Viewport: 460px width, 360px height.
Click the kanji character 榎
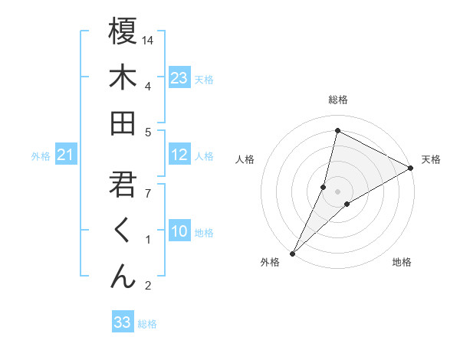click(x=123, y=31)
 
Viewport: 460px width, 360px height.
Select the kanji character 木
click(x=123, y=77)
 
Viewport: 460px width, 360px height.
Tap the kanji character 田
click(x=123, y=123)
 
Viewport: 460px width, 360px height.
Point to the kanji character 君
click(x=123, y=185)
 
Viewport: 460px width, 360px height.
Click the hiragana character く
click(x=123, y=231)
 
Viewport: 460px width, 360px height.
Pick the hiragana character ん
click(x=123, y=277)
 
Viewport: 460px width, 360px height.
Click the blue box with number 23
click(x=179, y=77)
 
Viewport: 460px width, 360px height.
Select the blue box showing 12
click(x=179, y=155)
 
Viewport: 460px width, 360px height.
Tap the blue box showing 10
click(x=179, y=231)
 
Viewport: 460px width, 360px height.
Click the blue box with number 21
click(x=66, y=155)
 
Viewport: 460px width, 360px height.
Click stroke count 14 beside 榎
click(x=149, y=39)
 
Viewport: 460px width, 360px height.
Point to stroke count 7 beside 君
click(x=147, y=192)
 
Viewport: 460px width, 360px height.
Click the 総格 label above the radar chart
click(x=337, y=100)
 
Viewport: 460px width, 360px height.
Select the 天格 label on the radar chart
click(x=431, y=159)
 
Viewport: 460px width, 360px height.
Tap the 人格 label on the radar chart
click(x=245, y=159)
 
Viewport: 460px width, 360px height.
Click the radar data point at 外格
click(x=292, y=253)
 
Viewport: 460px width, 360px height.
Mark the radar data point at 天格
click(x=411, y=168)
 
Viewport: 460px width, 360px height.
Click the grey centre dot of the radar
click(x=337, y=191)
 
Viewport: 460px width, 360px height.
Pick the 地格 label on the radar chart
click(x=402, y=262)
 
